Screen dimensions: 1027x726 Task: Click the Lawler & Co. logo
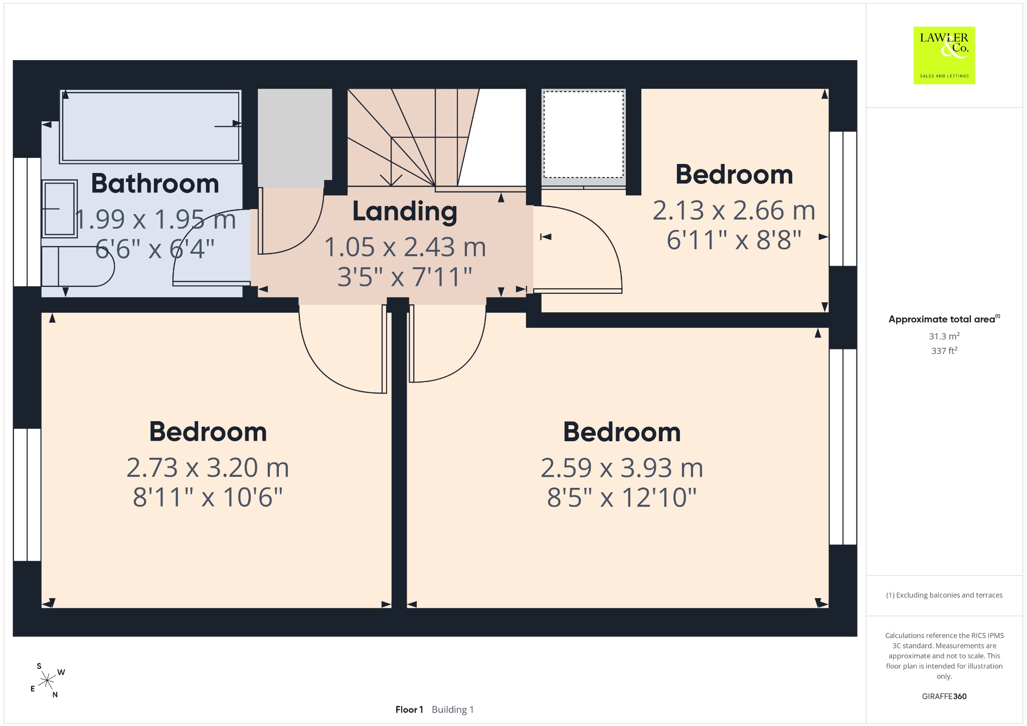point(944,55)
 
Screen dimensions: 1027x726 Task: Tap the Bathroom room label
point(155,184)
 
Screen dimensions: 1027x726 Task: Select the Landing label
point(405,212)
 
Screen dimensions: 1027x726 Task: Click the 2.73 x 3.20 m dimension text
point(208,468)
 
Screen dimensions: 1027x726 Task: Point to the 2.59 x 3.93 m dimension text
point(622,468)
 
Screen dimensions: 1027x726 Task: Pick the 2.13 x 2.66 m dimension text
point(734,211)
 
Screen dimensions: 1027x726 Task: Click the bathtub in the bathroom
point(150,126)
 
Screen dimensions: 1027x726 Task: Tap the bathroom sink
point(60,209)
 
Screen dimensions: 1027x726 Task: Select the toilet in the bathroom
point(78,267)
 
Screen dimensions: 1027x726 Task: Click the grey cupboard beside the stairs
point(295,138)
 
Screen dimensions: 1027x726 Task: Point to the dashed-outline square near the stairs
point(583,134)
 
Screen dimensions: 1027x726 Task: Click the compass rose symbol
point(47,680)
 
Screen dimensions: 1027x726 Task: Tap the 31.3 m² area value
point(944,336)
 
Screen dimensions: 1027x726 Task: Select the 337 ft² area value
point(944,350)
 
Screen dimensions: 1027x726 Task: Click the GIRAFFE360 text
point(944,696)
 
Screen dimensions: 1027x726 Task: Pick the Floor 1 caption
point(409,709)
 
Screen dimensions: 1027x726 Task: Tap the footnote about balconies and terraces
point(944,595)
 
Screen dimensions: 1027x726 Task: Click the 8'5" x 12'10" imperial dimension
point(622,498)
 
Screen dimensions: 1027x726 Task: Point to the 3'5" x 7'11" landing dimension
point(405,277)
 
